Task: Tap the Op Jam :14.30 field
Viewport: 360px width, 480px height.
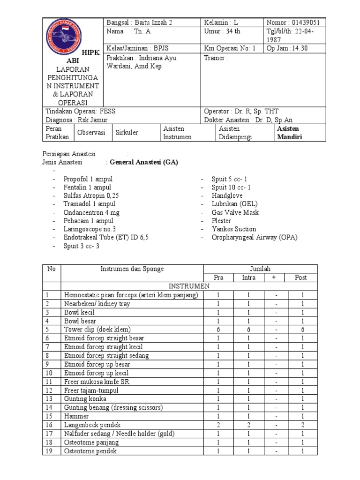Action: (287, 48)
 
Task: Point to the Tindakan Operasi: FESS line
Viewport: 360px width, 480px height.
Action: (80, 111)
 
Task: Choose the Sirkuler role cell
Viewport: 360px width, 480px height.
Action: (127, 133)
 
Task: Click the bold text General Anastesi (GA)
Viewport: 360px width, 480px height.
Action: (144, 162)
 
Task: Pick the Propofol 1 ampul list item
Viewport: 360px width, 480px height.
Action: (88, 179)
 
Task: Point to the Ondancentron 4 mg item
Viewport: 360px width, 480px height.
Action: (91, 212)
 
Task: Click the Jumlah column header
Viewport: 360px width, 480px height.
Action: (260, 269)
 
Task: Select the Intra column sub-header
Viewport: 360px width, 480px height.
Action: (249, 277)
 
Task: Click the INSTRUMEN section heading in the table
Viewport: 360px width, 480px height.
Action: (189, 286)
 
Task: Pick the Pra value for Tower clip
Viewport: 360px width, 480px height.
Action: (218, 329)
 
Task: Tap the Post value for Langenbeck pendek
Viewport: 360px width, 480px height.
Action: (303, 425)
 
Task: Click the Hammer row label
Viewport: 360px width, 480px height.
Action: (76, 416)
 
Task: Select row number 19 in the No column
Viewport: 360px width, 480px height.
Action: (48, 451)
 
